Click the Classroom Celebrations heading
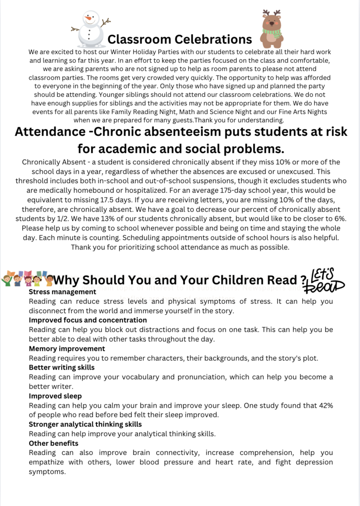[180, 39]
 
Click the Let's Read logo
[326, 280]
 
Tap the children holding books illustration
[27, 279]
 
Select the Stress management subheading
[62, 292]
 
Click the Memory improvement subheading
[67, 348]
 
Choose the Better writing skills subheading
[62, 368]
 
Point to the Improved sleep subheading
[55, 396]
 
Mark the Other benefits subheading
[53, 443]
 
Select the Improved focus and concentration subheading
[88, 320]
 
